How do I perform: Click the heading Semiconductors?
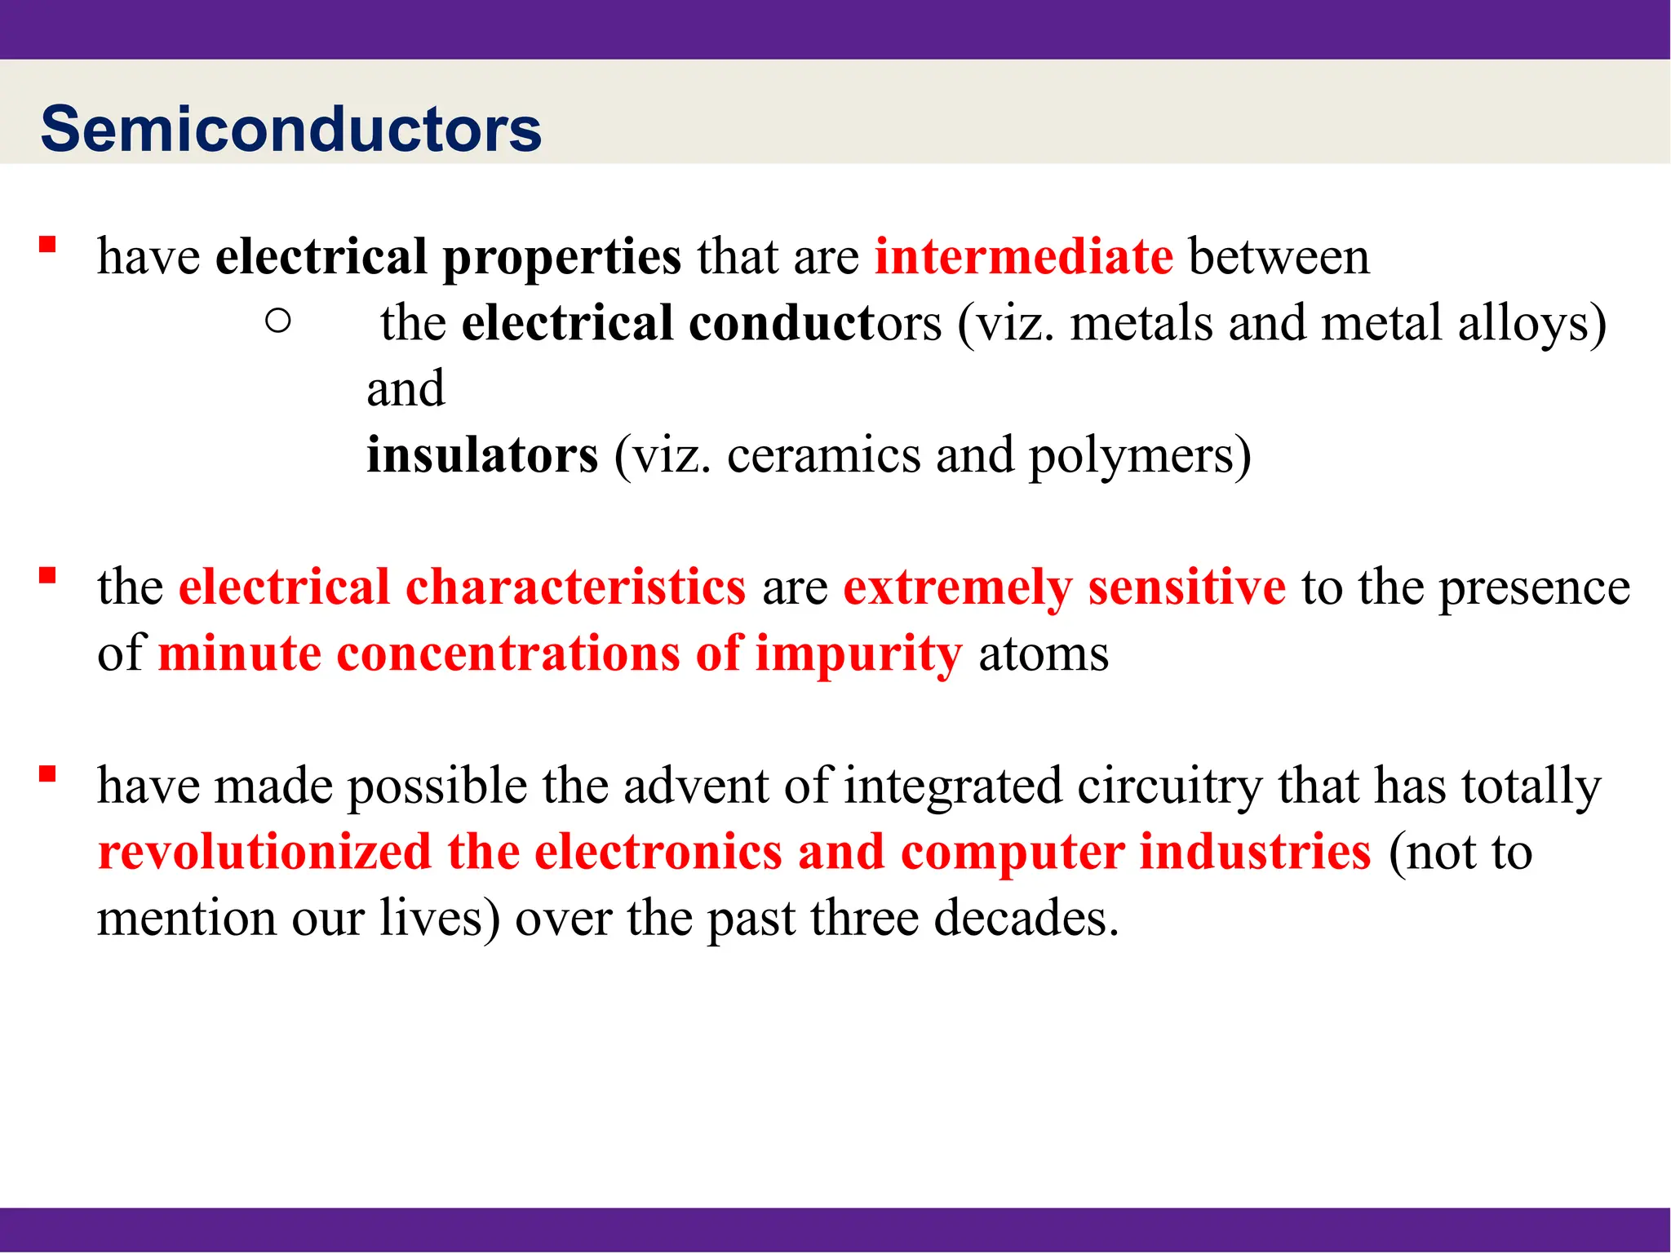pos(291,129)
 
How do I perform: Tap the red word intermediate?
pos(1024,256)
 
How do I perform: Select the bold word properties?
pos(561,258)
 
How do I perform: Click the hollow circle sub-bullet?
pos(278,321)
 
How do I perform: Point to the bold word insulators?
pos(482,454)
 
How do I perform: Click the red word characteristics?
pos(575,587)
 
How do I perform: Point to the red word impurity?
pos(858,654)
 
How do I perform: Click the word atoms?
pos(1044,654)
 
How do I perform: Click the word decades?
pos(1025,918)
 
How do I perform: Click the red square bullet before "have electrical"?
pos(47,244)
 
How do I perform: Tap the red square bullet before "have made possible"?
pos(47,773)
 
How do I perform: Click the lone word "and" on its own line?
pos(406,388)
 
